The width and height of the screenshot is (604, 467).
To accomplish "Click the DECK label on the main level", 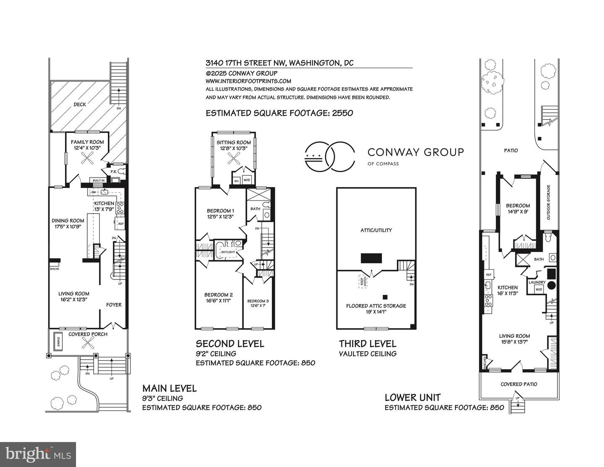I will pos(80,104).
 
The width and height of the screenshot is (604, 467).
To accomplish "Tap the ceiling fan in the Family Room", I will pos(87,159).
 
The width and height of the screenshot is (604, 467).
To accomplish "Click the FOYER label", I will pos(114,305).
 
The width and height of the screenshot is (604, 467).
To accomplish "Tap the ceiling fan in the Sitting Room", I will pos(234,159).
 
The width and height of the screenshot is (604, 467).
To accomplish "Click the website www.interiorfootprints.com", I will pos(248,81).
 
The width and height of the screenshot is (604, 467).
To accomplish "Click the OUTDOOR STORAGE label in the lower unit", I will pos(548,202).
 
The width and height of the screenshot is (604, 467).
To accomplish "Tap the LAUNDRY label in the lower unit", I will pos(537,282).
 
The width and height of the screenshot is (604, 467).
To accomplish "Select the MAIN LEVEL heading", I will pos(169,388).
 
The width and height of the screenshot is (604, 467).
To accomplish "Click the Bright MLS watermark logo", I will pos(38,454).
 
